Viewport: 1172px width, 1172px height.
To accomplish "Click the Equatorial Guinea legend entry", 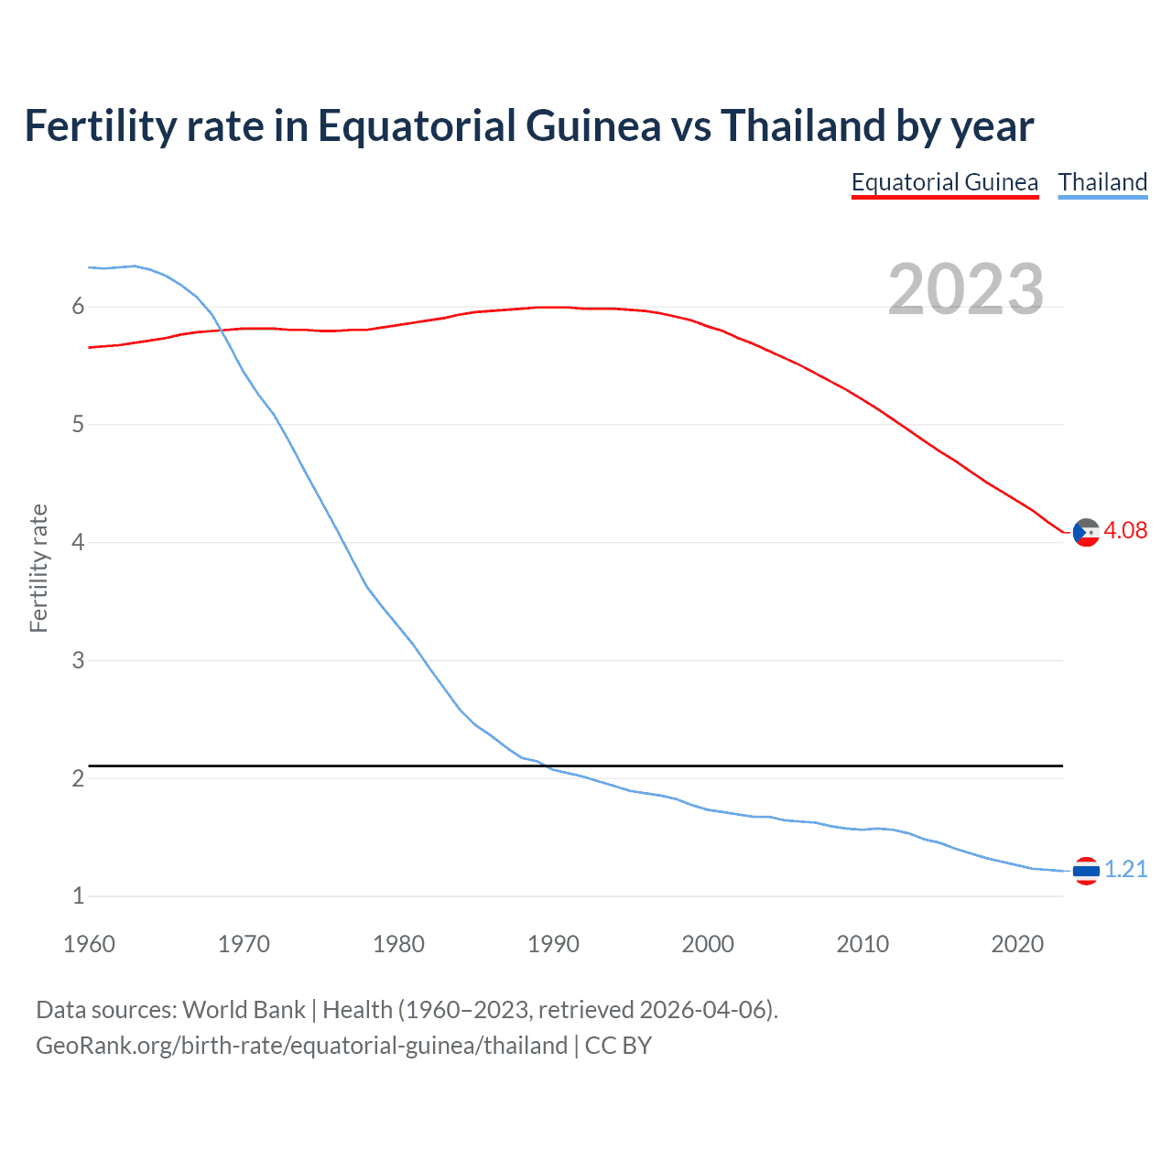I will click(x=944, y=182).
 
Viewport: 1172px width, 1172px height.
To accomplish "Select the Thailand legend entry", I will click(x=1102, y=182).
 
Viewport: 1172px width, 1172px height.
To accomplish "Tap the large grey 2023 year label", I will click(x=965, y=289).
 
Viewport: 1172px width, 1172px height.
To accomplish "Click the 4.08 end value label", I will click(x=1125, y=531).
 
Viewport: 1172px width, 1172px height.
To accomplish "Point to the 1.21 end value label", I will click(x=1125, y=870).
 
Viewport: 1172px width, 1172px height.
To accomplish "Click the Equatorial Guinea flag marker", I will click(x=1086, y=532).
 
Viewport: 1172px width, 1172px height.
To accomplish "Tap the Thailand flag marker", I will click(x=1086, y=871).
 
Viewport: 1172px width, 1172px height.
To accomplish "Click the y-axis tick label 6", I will click(x=78, y=307).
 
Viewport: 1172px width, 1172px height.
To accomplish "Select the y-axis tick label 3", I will click(x=78, y=660).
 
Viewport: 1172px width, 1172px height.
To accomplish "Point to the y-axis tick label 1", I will click(x=78, y=896).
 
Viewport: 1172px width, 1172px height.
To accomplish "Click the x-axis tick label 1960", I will click(x=89, y=944).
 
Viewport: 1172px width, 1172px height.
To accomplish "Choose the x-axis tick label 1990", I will click(x=553, y=944).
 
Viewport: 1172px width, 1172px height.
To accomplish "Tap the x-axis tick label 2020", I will click(x=1017, y=944).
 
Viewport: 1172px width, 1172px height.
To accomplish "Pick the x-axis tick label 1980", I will click(x=398, y=944).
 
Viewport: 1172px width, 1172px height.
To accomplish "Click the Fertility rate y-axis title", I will click(x=38, y=568).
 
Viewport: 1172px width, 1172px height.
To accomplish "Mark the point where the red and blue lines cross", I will click(x=220, y=331).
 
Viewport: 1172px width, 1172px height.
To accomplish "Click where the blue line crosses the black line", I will click(x=544, y=765).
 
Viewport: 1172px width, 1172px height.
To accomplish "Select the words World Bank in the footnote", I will click(x=244, y=1010).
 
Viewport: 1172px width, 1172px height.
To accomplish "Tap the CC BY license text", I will click(x=618, y=1046).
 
